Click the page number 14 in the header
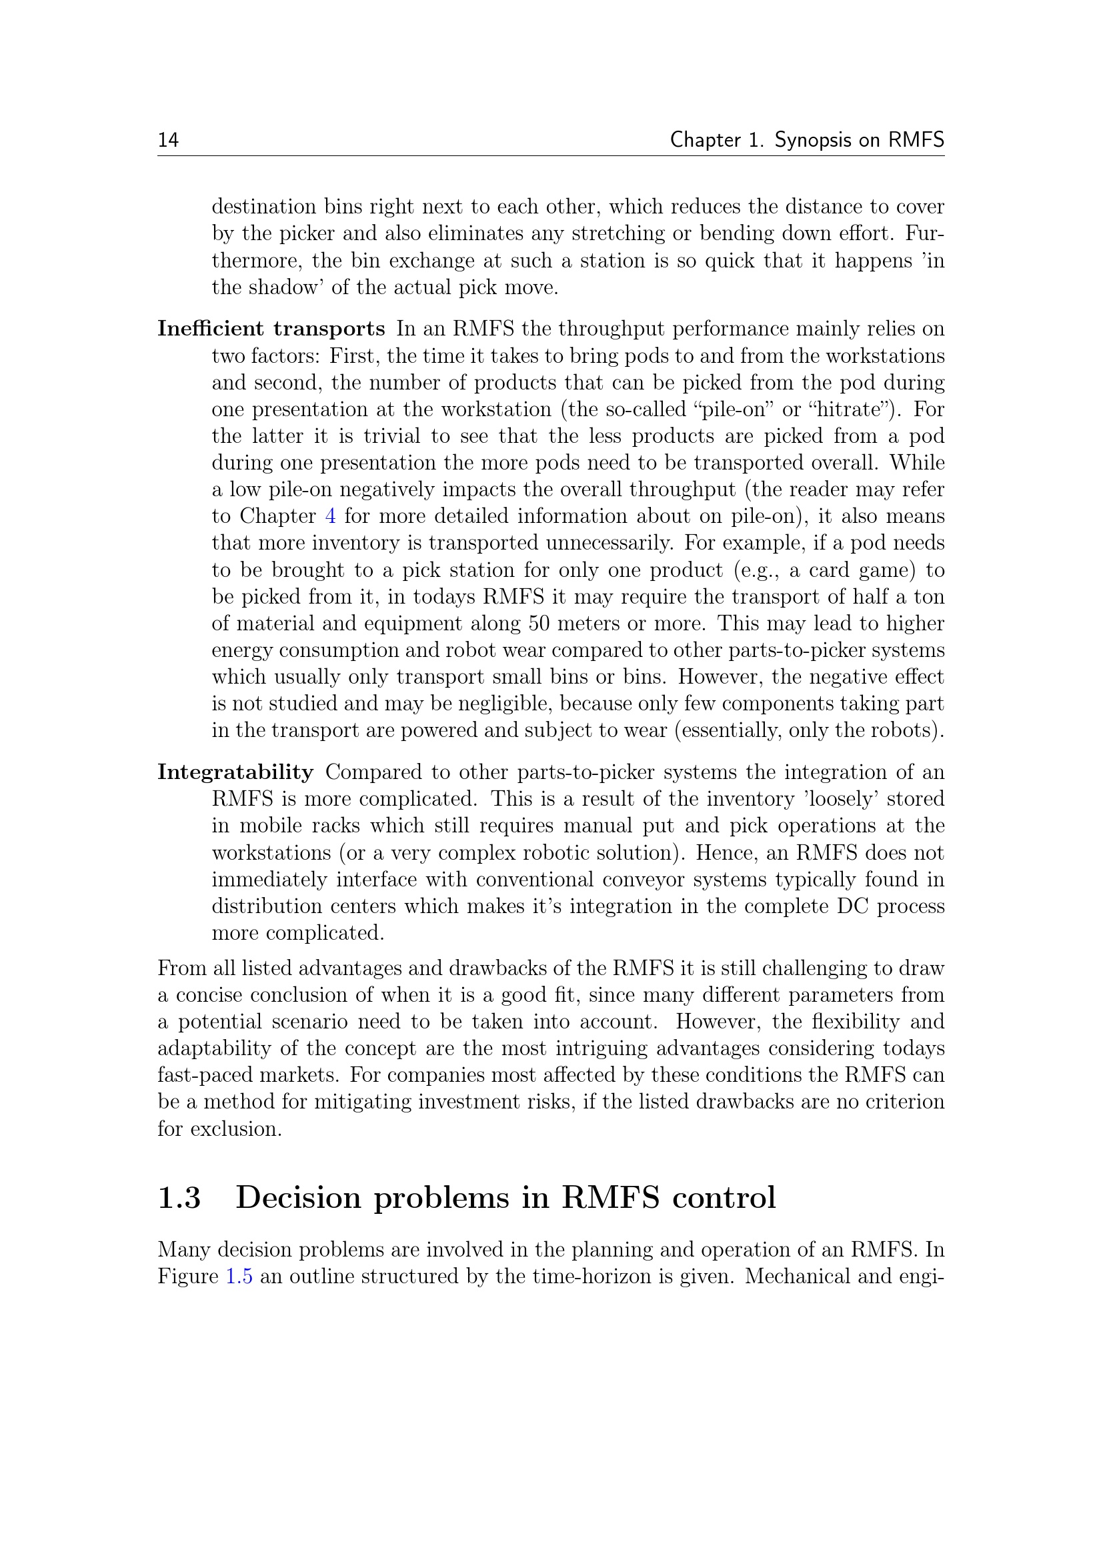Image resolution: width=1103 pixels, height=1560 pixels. tap(169, 140)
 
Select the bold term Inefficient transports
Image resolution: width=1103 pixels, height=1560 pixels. tap(271, 329)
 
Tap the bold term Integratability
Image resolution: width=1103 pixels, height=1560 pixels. tap(235, 772)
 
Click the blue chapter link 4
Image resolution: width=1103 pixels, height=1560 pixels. tap(330, 516)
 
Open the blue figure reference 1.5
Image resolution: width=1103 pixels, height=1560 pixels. tap(239, 1277)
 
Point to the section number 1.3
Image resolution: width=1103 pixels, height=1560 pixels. tap(179, 1198)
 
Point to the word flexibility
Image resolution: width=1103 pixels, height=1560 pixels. tap(856, 1022)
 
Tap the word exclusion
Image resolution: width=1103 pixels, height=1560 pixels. tap(235, 1129)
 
